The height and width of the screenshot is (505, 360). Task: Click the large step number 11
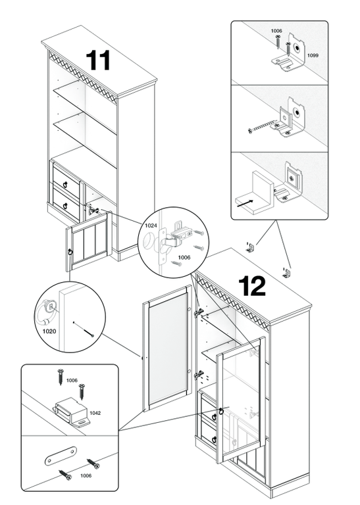(x=98, y=60)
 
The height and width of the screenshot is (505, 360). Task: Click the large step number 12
(x=252, y=286)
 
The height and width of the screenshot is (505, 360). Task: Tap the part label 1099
(x=313, y=55)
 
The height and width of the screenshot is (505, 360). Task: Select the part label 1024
(x=151, y=226)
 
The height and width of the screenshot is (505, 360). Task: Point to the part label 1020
(x=49, y=331)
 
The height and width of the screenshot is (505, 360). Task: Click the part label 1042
(x=95, y=413)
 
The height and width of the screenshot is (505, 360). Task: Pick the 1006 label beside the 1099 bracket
(x=276, y=31)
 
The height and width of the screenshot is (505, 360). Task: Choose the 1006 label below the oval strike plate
(x=86, y=475)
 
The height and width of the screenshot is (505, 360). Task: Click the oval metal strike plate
(x=61, y=456)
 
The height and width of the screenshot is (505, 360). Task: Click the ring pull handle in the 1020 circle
(x=46, y=311)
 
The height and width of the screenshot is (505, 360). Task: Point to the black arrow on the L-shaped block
(x=245, y=204)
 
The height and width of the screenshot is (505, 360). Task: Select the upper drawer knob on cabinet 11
(x=66, y=184)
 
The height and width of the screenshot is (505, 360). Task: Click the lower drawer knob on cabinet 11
(x=64, y=205)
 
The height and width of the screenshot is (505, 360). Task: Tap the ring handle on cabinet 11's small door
(x=70, y=252)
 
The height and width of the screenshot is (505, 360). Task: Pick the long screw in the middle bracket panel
(x=262, y=127)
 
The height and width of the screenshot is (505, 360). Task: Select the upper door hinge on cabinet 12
(x=199, y=312)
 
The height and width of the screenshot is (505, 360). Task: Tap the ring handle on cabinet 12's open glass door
(x=221, y=411)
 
